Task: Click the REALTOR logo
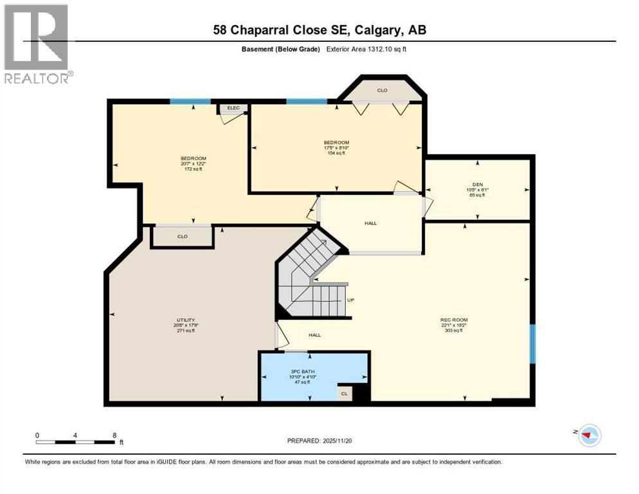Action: click(36, 43)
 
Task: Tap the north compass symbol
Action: click(588, 435)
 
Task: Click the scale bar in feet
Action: click(76, 441)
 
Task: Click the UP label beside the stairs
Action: click(350, 300)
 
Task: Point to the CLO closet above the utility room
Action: click(182, 236)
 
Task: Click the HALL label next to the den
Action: click(370, 223)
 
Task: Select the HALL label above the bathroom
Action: click(314, 334)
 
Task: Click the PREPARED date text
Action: click(319, 441)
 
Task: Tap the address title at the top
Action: click(319, 30)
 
